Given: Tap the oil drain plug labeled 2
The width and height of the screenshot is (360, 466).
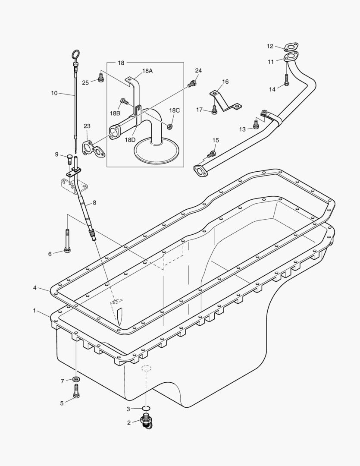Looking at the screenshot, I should [x=146, y=421].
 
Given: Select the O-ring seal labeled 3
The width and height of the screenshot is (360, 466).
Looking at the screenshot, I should [x=146, y=408].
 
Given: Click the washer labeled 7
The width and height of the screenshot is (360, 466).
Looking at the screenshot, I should [x=76, y=380].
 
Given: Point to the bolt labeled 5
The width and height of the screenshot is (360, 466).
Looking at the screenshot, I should [x=76, y=393].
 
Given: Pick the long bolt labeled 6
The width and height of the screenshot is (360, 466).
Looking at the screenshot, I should [x=67, y=242].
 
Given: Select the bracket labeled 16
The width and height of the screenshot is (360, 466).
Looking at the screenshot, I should [x=225, y=102].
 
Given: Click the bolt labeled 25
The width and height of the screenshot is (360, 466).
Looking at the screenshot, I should [x=101, y=78].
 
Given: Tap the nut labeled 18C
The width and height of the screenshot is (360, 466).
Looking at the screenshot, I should [x=170, y=126].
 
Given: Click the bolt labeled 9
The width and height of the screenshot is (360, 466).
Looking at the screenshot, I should [x=70, y=159].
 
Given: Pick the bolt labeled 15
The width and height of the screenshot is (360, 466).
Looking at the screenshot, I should [x=211, y=154].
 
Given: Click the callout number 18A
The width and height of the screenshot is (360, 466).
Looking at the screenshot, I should [x=147, y=71].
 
